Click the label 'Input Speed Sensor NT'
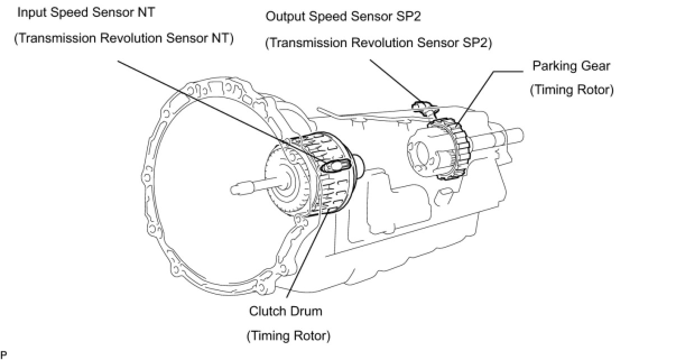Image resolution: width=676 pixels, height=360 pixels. (x=86, y=13)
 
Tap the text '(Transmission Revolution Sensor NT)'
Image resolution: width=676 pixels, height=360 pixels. (x=124, y=39)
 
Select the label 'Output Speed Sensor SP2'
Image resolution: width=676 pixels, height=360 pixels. (x=343, y=17)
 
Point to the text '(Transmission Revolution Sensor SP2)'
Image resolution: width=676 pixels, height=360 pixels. (x=378, y=43)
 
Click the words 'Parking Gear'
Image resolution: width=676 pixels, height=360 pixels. (x=571, y=66)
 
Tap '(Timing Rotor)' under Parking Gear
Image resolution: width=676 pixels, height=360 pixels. (x=572, y=90)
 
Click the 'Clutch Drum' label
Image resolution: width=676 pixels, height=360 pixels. (x=285, y=311)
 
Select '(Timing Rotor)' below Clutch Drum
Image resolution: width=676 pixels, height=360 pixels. (x=289, y=336)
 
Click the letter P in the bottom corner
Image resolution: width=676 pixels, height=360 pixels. (x=3, y=355)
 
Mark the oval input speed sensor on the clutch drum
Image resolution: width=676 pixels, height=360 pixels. (x=335, y=166)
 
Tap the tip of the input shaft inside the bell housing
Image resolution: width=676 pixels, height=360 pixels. (x=233, y=190)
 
